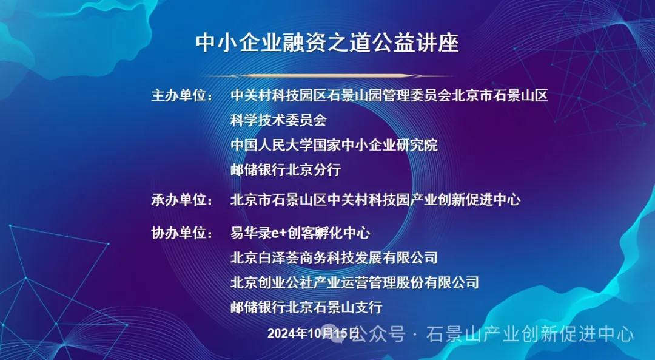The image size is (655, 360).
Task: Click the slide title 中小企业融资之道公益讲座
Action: pyautogui.click(x=327, y=42)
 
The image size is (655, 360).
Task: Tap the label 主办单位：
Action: pyautogui.click(x=182, y=96)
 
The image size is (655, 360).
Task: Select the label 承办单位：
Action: pyautogui.click(x=182, y=200)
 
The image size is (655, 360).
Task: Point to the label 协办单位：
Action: pyautogui.click(x=182, y=233)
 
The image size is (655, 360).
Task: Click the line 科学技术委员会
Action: pyautogui.click(x=278, y=120)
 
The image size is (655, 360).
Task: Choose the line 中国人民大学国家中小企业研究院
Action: pyautogui.click(x=334, y=145)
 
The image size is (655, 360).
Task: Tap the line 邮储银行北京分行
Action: pyautogui.click(x=286, y=170)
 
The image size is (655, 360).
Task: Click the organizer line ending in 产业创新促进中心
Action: pyautogui.click(x=375, y=200)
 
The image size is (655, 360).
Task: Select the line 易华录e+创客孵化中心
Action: pyautogui.click(x=300, y=233)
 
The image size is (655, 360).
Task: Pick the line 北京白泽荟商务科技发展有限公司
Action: pyautogui.click(x=334, y=257)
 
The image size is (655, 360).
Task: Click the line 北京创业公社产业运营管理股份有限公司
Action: pyautogui.click(x=355, y=283)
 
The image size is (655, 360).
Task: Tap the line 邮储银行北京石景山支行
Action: pyautogui.click(x=306, y=307)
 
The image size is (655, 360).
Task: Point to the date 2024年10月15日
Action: pyautogui.click(x=314, y=333)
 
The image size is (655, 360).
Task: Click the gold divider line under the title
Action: pyautogui.click(x=327, y=76)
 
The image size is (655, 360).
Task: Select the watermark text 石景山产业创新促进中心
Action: pyautogui.click(x=530, y=335)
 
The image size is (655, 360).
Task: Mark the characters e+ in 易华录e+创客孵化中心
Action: pyautogui.click(x=278, y=233)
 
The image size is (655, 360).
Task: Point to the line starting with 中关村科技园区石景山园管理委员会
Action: pyautogui.click(x=389, y=96)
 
